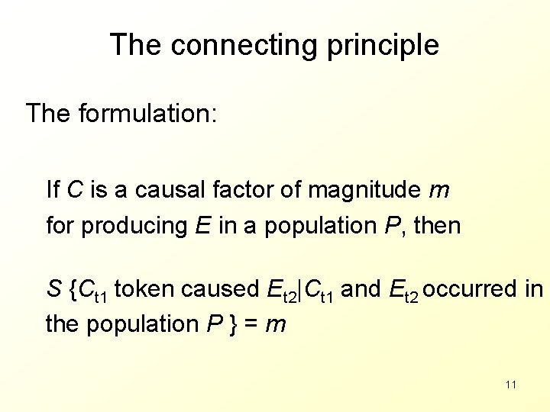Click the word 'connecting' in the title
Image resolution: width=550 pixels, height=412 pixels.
243,45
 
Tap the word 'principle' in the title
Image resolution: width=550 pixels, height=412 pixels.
381,45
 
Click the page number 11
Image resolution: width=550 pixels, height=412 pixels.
511,384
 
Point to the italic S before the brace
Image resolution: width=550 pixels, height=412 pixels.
53,289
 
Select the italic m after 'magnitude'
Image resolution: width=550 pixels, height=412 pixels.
438,190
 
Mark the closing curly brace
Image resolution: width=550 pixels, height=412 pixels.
233,324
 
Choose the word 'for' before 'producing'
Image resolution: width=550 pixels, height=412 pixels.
60,225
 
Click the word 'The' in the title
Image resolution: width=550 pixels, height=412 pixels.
137,45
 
